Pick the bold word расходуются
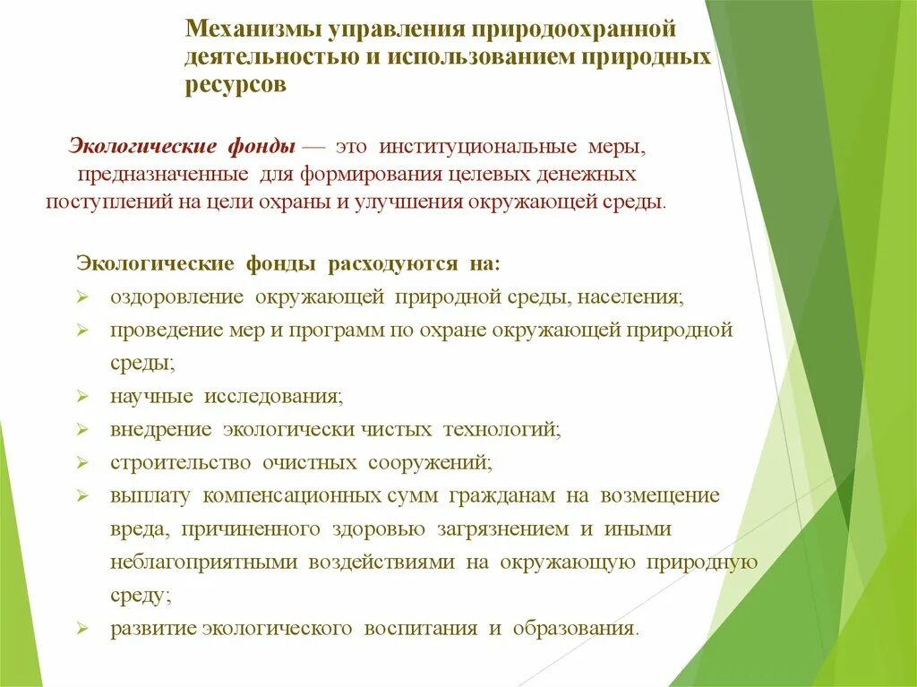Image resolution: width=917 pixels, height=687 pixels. (x=391, y=264)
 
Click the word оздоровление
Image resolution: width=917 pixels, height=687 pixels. (x=177, y=296)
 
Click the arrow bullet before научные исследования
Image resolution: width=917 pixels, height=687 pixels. (x=81, y=396)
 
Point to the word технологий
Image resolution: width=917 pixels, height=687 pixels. (x=501, y=429)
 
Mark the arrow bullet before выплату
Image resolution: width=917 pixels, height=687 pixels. (x=81, y=495)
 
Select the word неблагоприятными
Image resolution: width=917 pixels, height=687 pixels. (x=205, y=562)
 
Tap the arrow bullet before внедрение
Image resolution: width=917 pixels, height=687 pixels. (x=81, y=429)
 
